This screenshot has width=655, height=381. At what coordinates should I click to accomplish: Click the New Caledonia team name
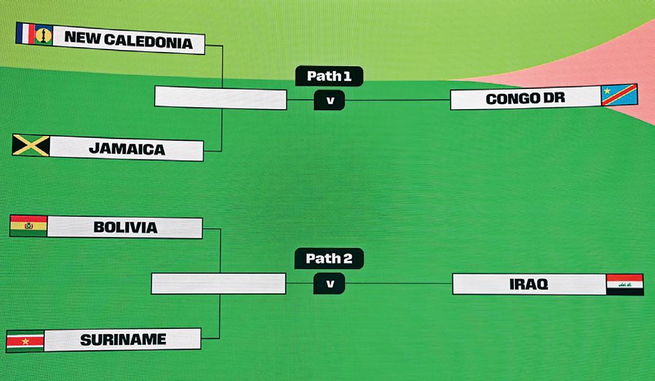pos(128,41)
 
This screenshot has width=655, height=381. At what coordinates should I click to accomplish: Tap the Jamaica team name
pos(126,149)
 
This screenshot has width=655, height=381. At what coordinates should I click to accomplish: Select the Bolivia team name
pos(125,227)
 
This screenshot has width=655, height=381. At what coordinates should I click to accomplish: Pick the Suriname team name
pos(123,339)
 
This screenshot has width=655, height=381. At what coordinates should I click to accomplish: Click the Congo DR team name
pos(524,99)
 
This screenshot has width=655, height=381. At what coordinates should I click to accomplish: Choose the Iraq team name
pos(528,284)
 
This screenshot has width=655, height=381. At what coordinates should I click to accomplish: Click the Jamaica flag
pos(31,145)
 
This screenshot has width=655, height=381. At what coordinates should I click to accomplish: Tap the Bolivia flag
pos(28,226)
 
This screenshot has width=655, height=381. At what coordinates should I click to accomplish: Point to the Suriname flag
pos(25,341)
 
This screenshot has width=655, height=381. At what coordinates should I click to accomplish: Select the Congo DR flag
pos(619,95)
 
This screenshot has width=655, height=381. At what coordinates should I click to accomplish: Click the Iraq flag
pos(624,284)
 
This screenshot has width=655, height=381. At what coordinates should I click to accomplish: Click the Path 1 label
pos(329,76)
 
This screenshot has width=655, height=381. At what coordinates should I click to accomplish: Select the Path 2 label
pos(329,258)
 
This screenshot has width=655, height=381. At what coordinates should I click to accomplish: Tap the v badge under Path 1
pos(329,100)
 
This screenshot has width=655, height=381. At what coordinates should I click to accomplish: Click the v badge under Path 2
pos(329,284)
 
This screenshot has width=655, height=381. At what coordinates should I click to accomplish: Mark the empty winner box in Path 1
pos(221,98)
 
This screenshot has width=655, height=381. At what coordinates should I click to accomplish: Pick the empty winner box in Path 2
pos(218,284)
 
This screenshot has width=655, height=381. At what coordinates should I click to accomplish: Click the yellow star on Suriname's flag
pos(25,341)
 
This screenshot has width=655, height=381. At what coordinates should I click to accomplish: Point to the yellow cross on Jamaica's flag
pos(31,145)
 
